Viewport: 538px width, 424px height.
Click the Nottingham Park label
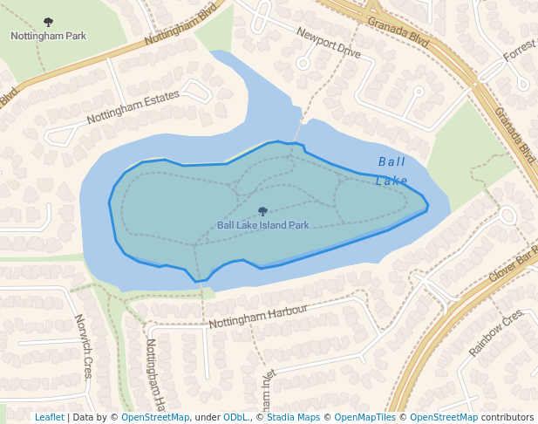[48, 37]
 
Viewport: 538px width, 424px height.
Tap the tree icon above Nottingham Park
[48, 23]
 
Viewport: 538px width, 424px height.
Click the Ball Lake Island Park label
[263, 225]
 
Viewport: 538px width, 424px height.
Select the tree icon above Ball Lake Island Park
[263, 211]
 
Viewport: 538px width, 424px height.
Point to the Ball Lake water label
[392, 171]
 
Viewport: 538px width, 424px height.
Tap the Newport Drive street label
[328, 43]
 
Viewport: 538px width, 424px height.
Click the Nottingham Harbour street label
[258, 318]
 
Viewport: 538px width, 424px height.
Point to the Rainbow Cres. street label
[496, 332]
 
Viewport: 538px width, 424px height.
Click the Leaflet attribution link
[49, 418]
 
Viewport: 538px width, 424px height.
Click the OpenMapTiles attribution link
[365, 418]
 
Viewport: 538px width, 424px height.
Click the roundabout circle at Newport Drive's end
[303, 63]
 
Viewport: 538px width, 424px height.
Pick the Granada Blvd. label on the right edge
[514, 135]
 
